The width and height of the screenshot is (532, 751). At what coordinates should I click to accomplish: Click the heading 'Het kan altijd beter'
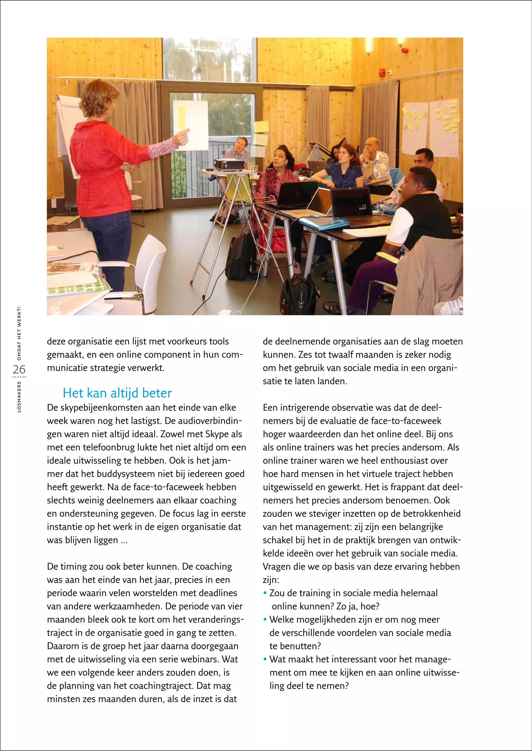pyautogui.click(x=117, y=393)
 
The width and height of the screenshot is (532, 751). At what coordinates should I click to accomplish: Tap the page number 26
pyautogui.click(x=19, y=370)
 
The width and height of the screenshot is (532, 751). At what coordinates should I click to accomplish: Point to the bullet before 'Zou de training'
pyautogui.click(x=265, y=593)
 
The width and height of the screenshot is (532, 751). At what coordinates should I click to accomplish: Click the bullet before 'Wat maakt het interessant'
pyautogui.click(x=265, y=659)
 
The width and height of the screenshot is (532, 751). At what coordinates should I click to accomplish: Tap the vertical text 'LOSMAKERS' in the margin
pyautogui.click(x=19, y=397)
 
